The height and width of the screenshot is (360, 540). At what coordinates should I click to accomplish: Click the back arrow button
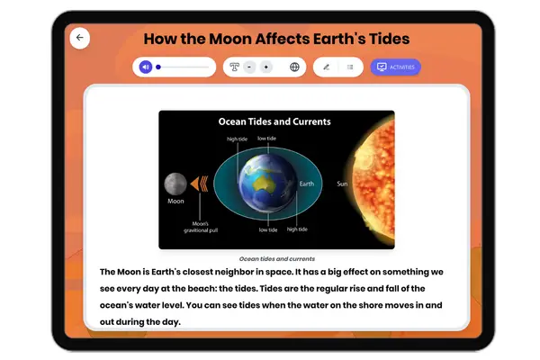(x=80, y=38)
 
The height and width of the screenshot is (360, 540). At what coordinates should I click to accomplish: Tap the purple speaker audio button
(x=144, y=67)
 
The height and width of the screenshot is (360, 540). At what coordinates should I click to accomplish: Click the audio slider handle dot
(x=158, y=67)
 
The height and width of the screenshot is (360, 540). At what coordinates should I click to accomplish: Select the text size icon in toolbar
(x=234, y=67)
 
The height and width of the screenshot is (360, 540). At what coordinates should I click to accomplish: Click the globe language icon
(x=294, y=67)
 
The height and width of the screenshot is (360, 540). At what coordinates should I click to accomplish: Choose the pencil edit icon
(x=326, y=67)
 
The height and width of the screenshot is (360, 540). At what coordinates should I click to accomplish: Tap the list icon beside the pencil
(x=350, y=67)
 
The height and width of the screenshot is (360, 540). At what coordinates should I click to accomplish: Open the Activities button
(x=395, y=67)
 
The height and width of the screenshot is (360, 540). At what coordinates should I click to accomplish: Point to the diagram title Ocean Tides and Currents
(x=275, y=121)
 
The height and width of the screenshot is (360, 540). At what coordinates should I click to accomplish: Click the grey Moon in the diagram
(x=175, y=184)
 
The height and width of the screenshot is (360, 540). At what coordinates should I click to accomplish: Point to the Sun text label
(x=342, y=184)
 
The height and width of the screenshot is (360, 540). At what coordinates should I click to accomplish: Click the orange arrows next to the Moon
(x=200, y=184)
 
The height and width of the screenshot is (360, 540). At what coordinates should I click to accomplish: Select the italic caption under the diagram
(x=276, y=257)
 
